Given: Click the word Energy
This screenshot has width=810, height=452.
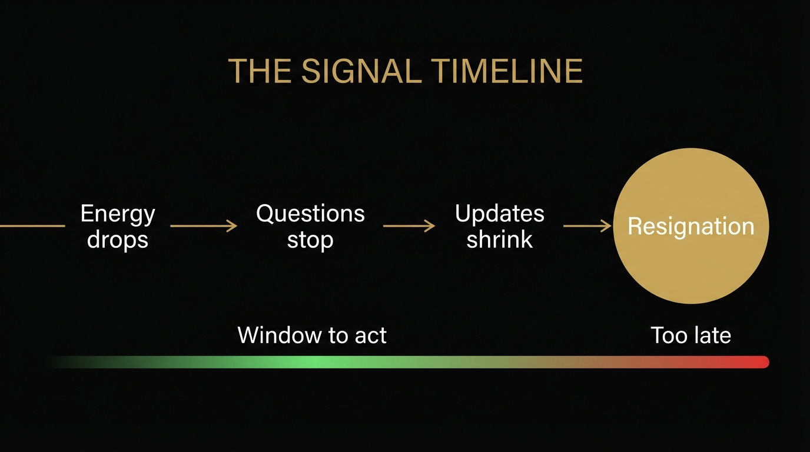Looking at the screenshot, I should [118, 214].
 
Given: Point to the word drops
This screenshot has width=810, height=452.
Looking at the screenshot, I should [118, 240].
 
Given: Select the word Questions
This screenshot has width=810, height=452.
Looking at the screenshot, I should [310, 214].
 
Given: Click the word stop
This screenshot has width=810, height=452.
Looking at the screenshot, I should [310, 240].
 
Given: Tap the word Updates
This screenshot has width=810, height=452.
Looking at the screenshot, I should [499, 214].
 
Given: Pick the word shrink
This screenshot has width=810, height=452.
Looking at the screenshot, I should [499, 240].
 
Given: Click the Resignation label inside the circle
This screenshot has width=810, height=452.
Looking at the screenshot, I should [691, 227].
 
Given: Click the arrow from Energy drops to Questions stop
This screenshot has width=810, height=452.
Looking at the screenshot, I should [203, 226].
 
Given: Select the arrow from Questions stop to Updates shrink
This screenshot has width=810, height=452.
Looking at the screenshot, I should [409, 226].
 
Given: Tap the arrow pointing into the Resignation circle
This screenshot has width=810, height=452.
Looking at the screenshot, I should [587, 226].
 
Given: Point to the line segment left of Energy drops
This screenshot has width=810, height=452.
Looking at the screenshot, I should [32, 226].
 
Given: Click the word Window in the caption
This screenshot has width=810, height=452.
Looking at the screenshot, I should [274, 335].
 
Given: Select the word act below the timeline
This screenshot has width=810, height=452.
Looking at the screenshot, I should [371, 335].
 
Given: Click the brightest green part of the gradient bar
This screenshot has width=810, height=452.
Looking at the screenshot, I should [309, 362].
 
